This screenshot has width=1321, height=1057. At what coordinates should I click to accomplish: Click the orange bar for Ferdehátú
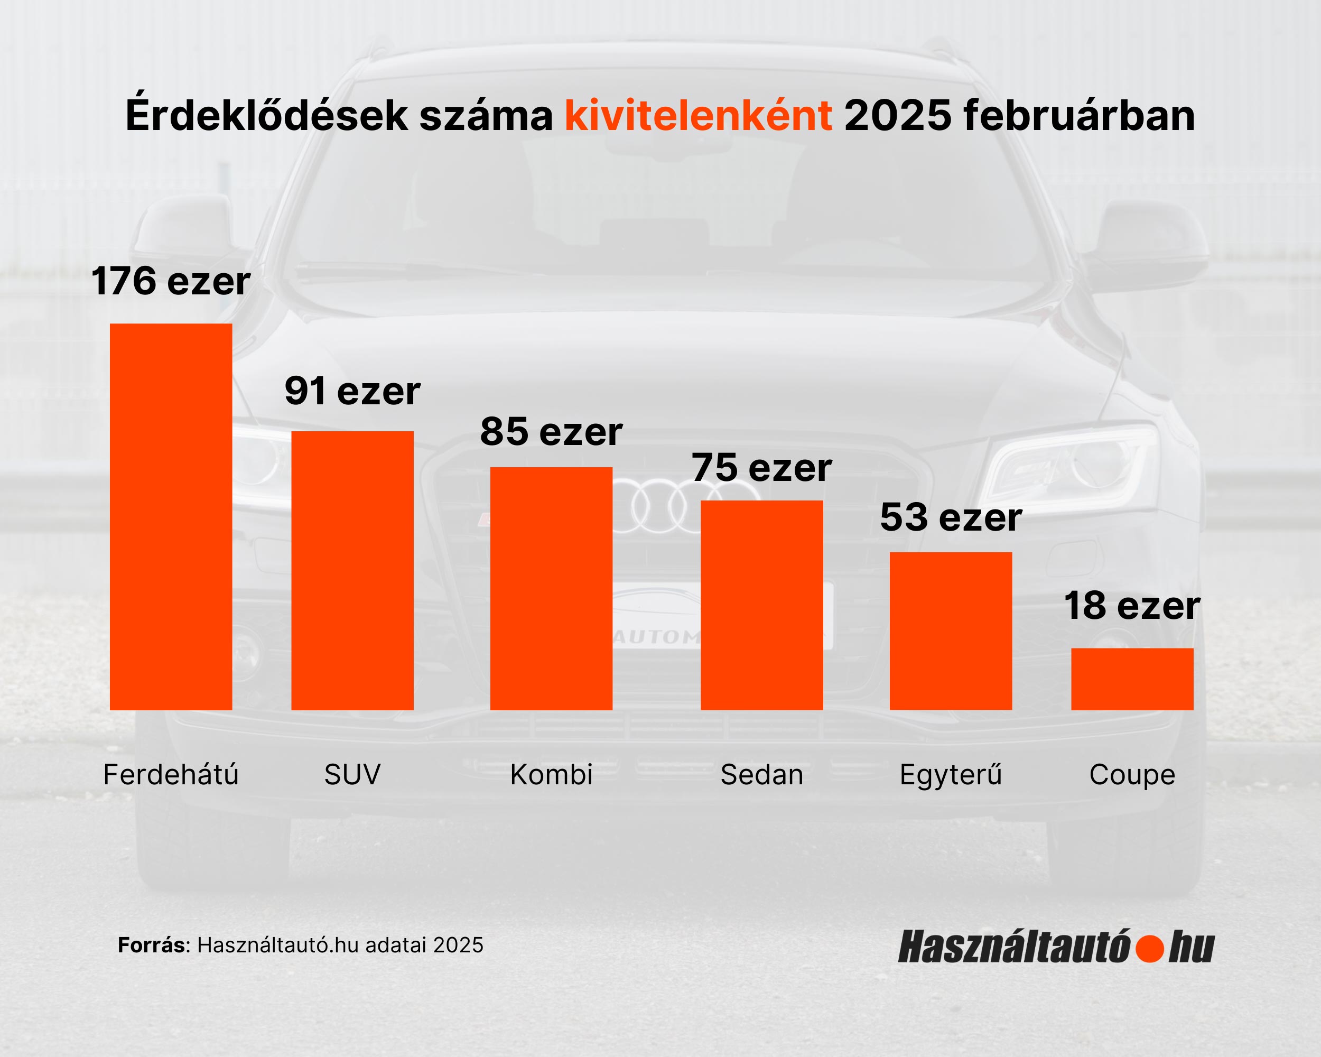pos(171,516)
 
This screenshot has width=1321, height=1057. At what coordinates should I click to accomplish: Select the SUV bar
pos(352,570)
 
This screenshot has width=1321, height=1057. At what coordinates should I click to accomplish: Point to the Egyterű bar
pos(950,631)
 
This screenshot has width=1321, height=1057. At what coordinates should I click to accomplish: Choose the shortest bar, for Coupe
pos(1132,679)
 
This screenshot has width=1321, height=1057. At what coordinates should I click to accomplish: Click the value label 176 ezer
pos(171,281)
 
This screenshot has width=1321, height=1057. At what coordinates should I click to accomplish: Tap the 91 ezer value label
pos(352,391)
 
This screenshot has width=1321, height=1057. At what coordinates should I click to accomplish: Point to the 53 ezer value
pos(950,518)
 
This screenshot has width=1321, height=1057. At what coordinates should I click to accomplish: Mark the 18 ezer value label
pos(1132,606)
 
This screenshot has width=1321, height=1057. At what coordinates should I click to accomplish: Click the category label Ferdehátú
pos(171,775)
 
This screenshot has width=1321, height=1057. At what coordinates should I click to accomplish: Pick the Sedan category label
pos(761,775)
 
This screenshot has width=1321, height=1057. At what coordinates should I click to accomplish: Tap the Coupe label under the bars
pos(1132,775)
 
